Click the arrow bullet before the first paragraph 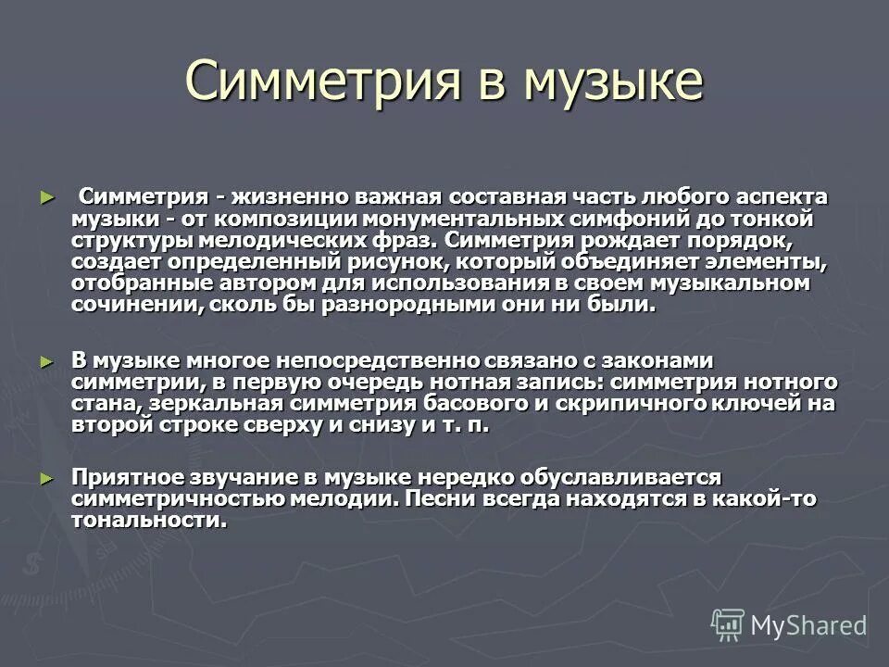(x=48, y=198)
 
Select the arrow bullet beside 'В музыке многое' (x=48, y=360)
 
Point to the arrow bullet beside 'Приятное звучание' (x=48, y=478)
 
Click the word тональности (x=148, y=520)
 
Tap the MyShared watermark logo (x=789, y=624)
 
